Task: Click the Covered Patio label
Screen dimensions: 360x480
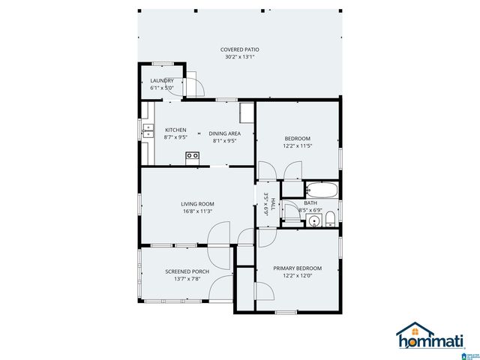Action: (239, 49)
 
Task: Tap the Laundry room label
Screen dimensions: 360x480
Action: (162, 80)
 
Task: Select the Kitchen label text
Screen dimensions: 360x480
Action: (175, 130)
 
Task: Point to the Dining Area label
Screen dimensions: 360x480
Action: (224, 133)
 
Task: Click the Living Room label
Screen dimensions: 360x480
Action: (197, 203)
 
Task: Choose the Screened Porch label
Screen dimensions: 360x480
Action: (187, 271)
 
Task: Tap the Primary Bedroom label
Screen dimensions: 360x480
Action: (297, 268)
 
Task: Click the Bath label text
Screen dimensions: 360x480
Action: (310, 203)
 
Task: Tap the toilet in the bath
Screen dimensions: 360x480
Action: (330, 218)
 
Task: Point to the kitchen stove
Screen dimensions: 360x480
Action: (193, 156)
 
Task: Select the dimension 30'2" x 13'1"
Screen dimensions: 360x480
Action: (239, 57)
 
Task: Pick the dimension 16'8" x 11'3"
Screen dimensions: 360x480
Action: (197, 211)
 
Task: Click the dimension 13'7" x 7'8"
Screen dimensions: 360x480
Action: (187, 279)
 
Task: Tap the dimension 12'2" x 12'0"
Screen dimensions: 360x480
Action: (297, 276)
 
